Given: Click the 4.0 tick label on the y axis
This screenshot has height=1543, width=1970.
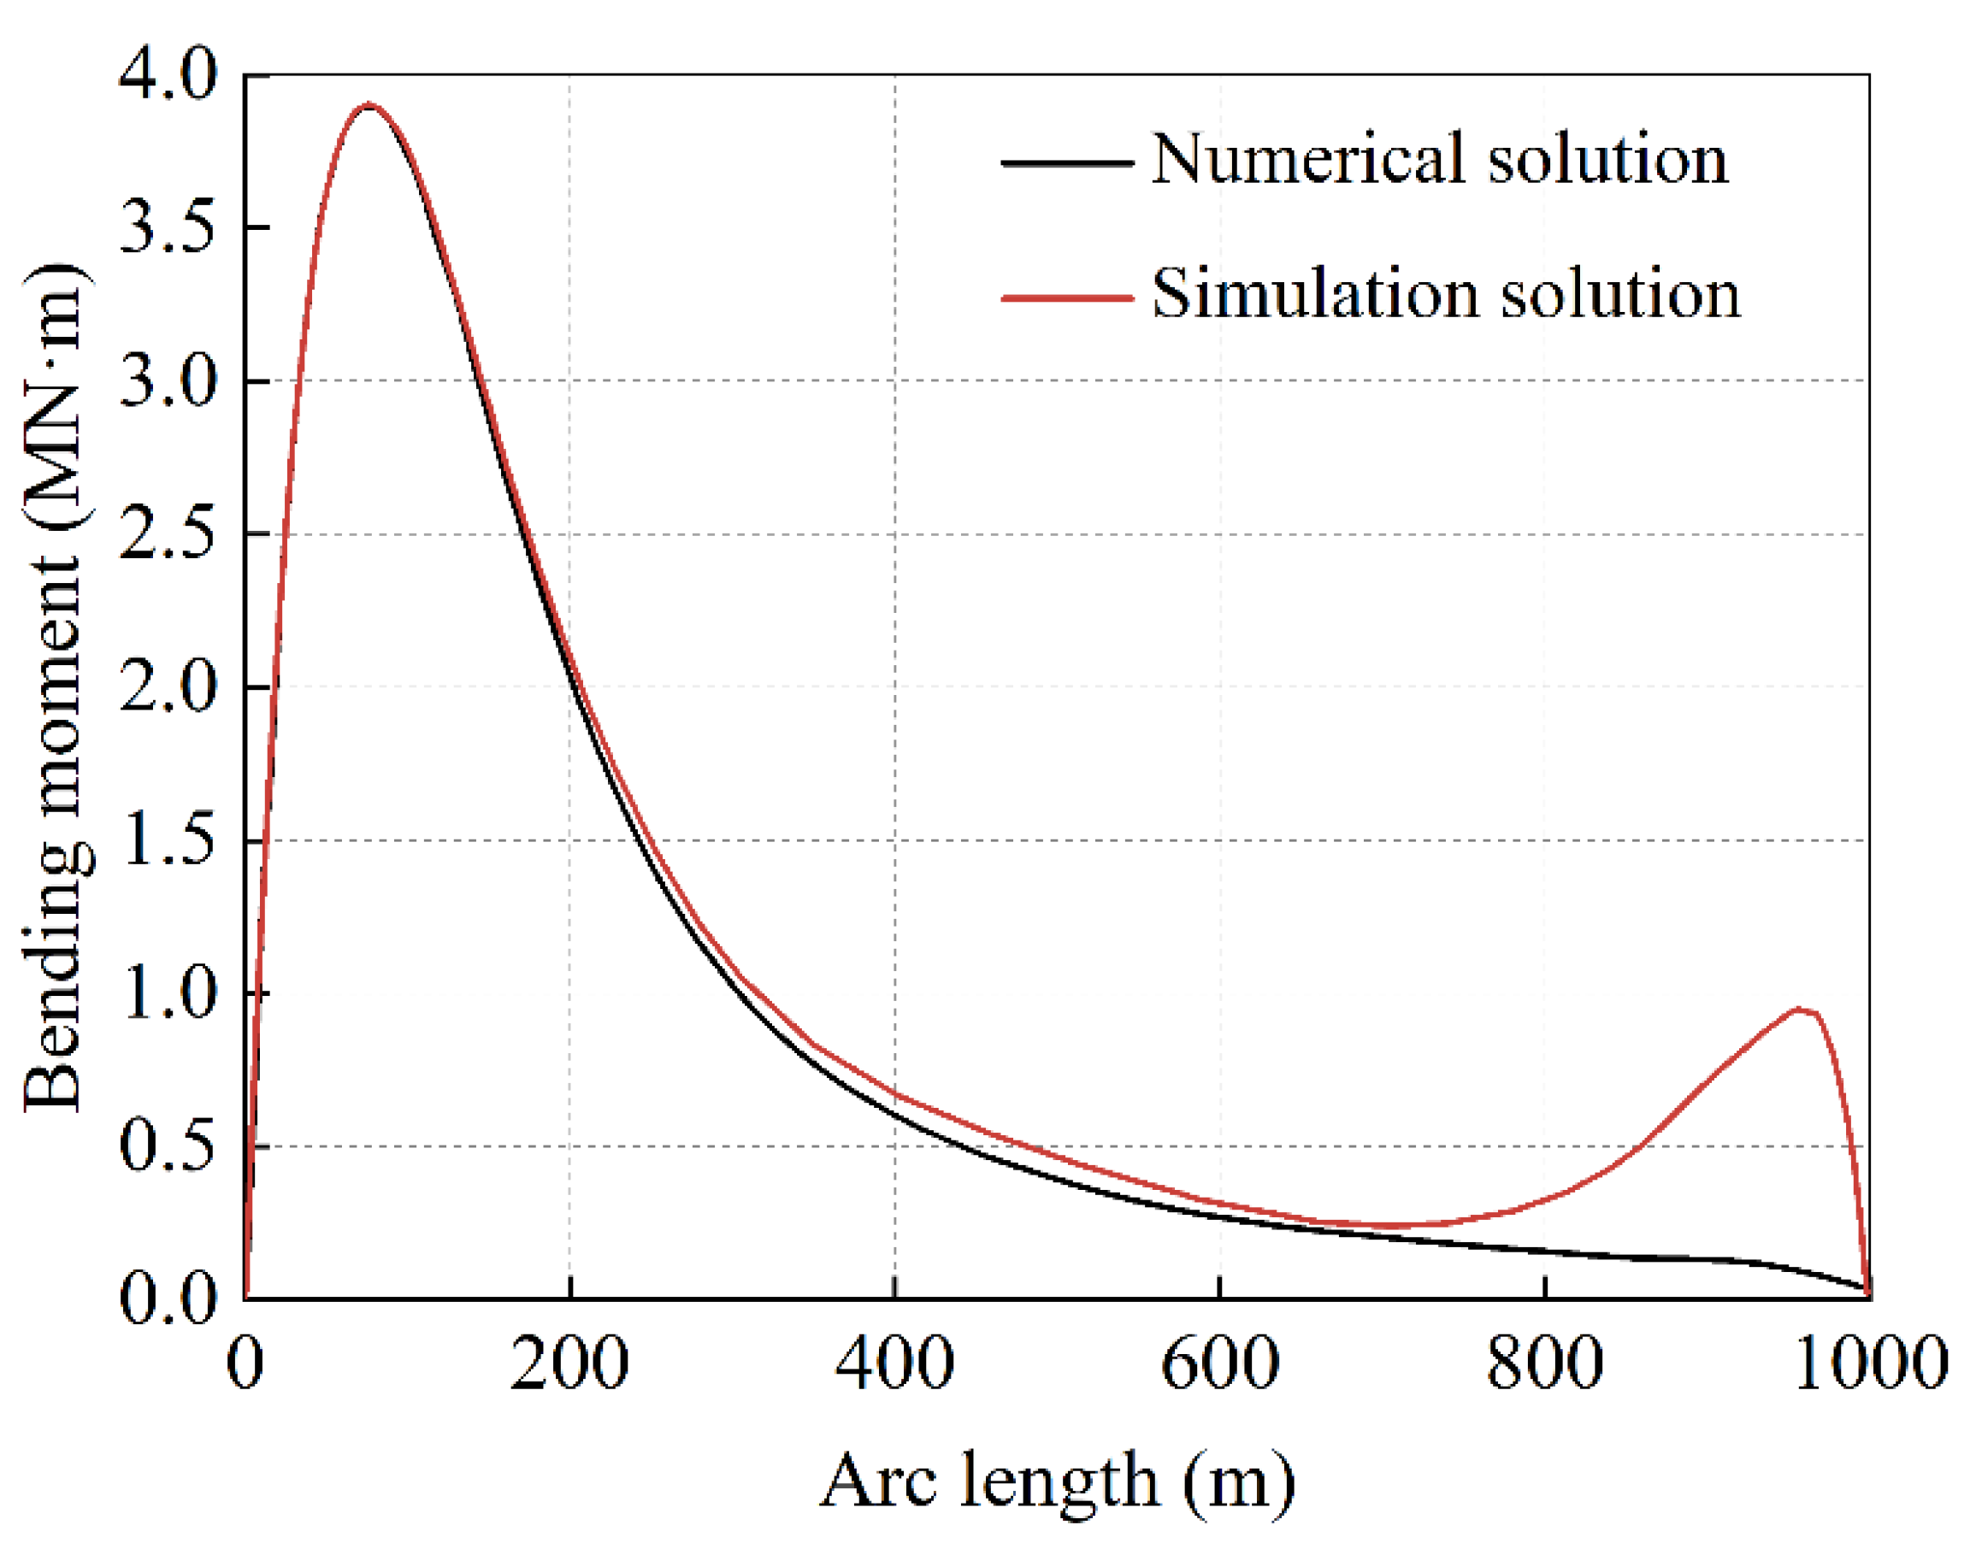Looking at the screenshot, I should pyautogui.click(x=168, y=76).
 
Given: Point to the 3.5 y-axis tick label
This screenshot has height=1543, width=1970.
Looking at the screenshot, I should pyautogui.click(x=168, y=228).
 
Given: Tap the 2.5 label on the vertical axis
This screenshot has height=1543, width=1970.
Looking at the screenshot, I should pyautogui.click(x=168, y=535).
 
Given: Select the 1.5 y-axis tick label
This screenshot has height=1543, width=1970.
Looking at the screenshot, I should pyautogui.click(x=168, y=841).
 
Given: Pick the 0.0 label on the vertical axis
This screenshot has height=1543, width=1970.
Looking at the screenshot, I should pyautogui.click(x=168, y=1299).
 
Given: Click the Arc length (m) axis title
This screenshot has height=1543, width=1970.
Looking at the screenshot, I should pyautogui.click(x=1058, y=1482).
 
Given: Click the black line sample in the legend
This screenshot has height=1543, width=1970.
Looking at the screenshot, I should pyautogui.click(x=1067, y=162).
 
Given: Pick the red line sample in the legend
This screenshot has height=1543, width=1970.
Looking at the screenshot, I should pyautogui.click(x=1067, y=297).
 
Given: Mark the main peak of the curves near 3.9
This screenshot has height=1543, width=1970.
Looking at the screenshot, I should pyautogui.click(x=368, y=105).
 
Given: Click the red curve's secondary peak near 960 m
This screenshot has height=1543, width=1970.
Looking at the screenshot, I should pyautogui.click(x=1798, y=1009).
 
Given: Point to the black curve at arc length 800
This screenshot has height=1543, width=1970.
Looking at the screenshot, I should pyautogui.click(x=1545, y=1252).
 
